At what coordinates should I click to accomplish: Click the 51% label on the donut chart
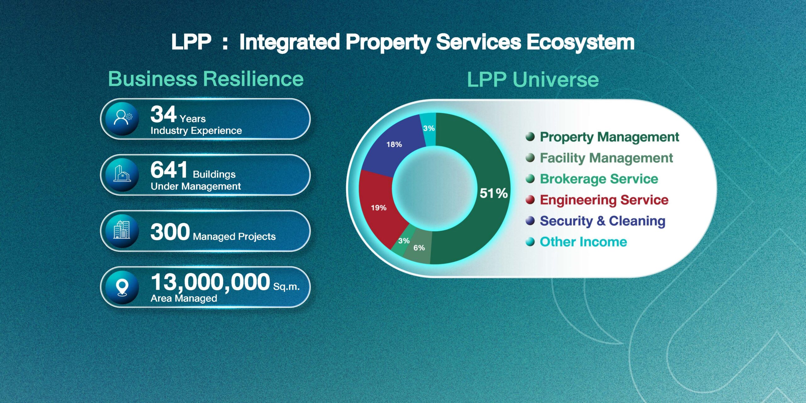pyautogui.click(x=493, y=193)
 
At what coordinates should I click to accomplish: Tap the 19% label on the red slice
pyautogui.click(x=378, y=208)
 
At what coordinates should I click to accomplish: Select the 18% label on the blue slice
pyautogui.click(x=394, y=145)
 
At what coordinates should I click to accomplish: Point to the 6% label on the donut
pyautogui.click(x=419, y=248)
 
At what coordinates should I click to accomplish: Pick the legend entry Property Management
pyautogui.click(x=610, y=137)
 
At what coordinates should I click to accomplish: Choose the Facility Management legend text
pyautogui.click(x=606, y=158)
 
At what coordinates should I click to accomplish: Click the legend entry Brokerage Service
pyautogui.click(x=599, y=179)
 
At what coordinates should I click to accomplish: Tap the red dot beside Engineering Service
pyautogui.click(x=530, y=200)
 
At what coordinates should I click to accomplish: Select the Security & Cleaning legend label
pyautogui.click(x=603, y=221)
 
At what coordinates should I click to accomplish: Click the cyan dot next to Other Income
pyautogui.click(x=530, y=242)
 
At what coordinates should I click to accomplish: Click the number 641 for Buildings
pyautogui.click(x=169, y=170)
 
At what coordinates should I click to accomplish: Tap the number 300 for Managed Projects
pyautogui.click(x=170, y=232)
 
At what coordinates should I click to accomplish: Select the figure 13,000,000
pyautogui.click(x=210, y=282)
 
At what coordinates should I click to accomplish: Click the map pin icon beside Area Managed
pyautogui.click(x=122, y=287)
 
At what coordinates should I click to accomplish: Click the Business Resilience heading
pyautogui.click(x=206, y=79)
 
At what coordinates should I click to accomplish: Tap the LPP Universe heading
pyautogui.click(x=533, y=79)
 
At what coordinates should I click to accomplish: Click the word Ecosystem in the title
pyautogui.click(x=581, y=43)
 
